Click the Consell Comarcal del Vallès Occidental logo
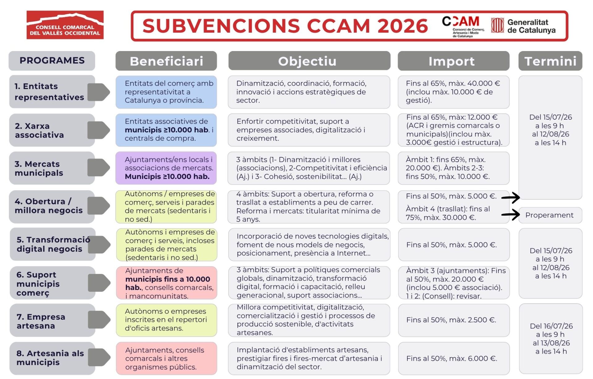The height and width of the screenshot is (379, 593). pyautogui.click(x=65, y=25)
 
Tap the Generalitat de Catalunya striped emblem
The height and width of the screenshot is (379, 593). pyautogui.click(x=497, y=25)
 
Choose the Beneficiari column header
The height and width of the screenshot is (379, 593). pyautogui.click(x=166, y=61)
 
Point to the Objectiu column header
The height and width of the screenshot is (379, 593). pyautogui.click(x=309, y=61)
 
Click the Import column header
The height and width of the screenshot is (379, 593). pyautogui.click(x=453, y=61)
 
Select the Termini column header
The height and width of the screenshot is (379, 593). pyautogui.click(x=550, y=61)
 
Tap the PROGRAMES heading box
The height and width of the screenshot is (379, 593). pyautogui.click(x=52, y=61)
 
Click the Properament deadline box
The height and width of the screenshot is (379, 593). pyautogui.click(x=550, y=215)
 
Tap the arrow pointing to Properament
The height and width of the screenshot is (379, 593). pyautogui.click(x=511, y=215)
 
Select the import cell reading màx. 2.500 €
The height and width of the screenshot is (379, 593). pyautogui.click(x=454, y=320)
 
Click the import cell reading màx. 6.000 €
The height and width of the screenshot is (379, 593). pyautogui.click(x=454, y=359)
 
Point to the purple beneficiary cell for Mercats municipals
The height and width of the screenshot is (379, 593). pyautogui.click(x=166, y=168)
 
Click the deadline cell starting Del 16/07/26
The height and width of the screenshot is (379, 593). pyautogui.click(x=551, y=339)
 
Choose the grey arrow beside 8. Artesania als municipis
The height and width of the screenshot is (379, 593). pyautogui.click(x=99, y=357)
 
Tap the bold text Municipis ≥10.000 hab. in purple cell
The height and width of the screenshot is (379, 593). pyautogui.click(x=167, y=177)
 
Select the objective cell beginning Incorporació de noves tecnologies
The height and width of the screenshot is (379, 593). pyautogui.click(x=309, y=245)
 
